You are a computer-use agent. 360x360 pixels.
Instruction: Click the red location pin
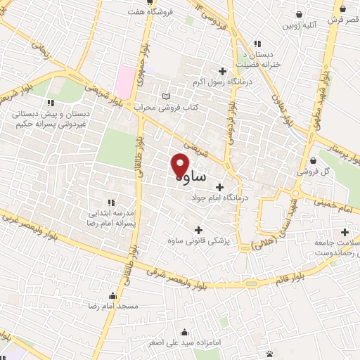pyautogui.click(x=180, y=165)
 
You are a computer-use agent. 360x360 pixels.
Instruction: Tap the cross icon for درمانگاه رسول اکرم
pyautogui.click(x=223, y=70)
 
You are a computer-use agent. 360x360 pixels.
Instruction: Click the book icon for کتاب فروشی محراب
pyautogui.click(x=166, y=96)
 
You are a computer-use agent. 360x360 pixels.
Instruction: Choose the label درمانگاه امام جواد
pyautogui.click(x=220, y=198)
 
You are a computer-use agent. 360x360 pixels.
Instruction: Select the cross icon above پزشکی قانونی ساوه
pyautogui.click(x=199, y=229)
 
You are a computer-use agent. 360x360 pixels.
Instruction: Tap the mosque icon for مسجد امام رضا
pyautogui.click(x=112, y=295)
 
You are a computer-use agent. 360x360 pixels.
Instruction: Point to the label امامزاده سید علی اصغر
pyautogui.click(x=184, y=344)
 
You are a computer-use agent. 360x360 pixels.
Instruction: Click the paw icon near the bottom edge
pyautogui.click(x=270, y=354)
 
